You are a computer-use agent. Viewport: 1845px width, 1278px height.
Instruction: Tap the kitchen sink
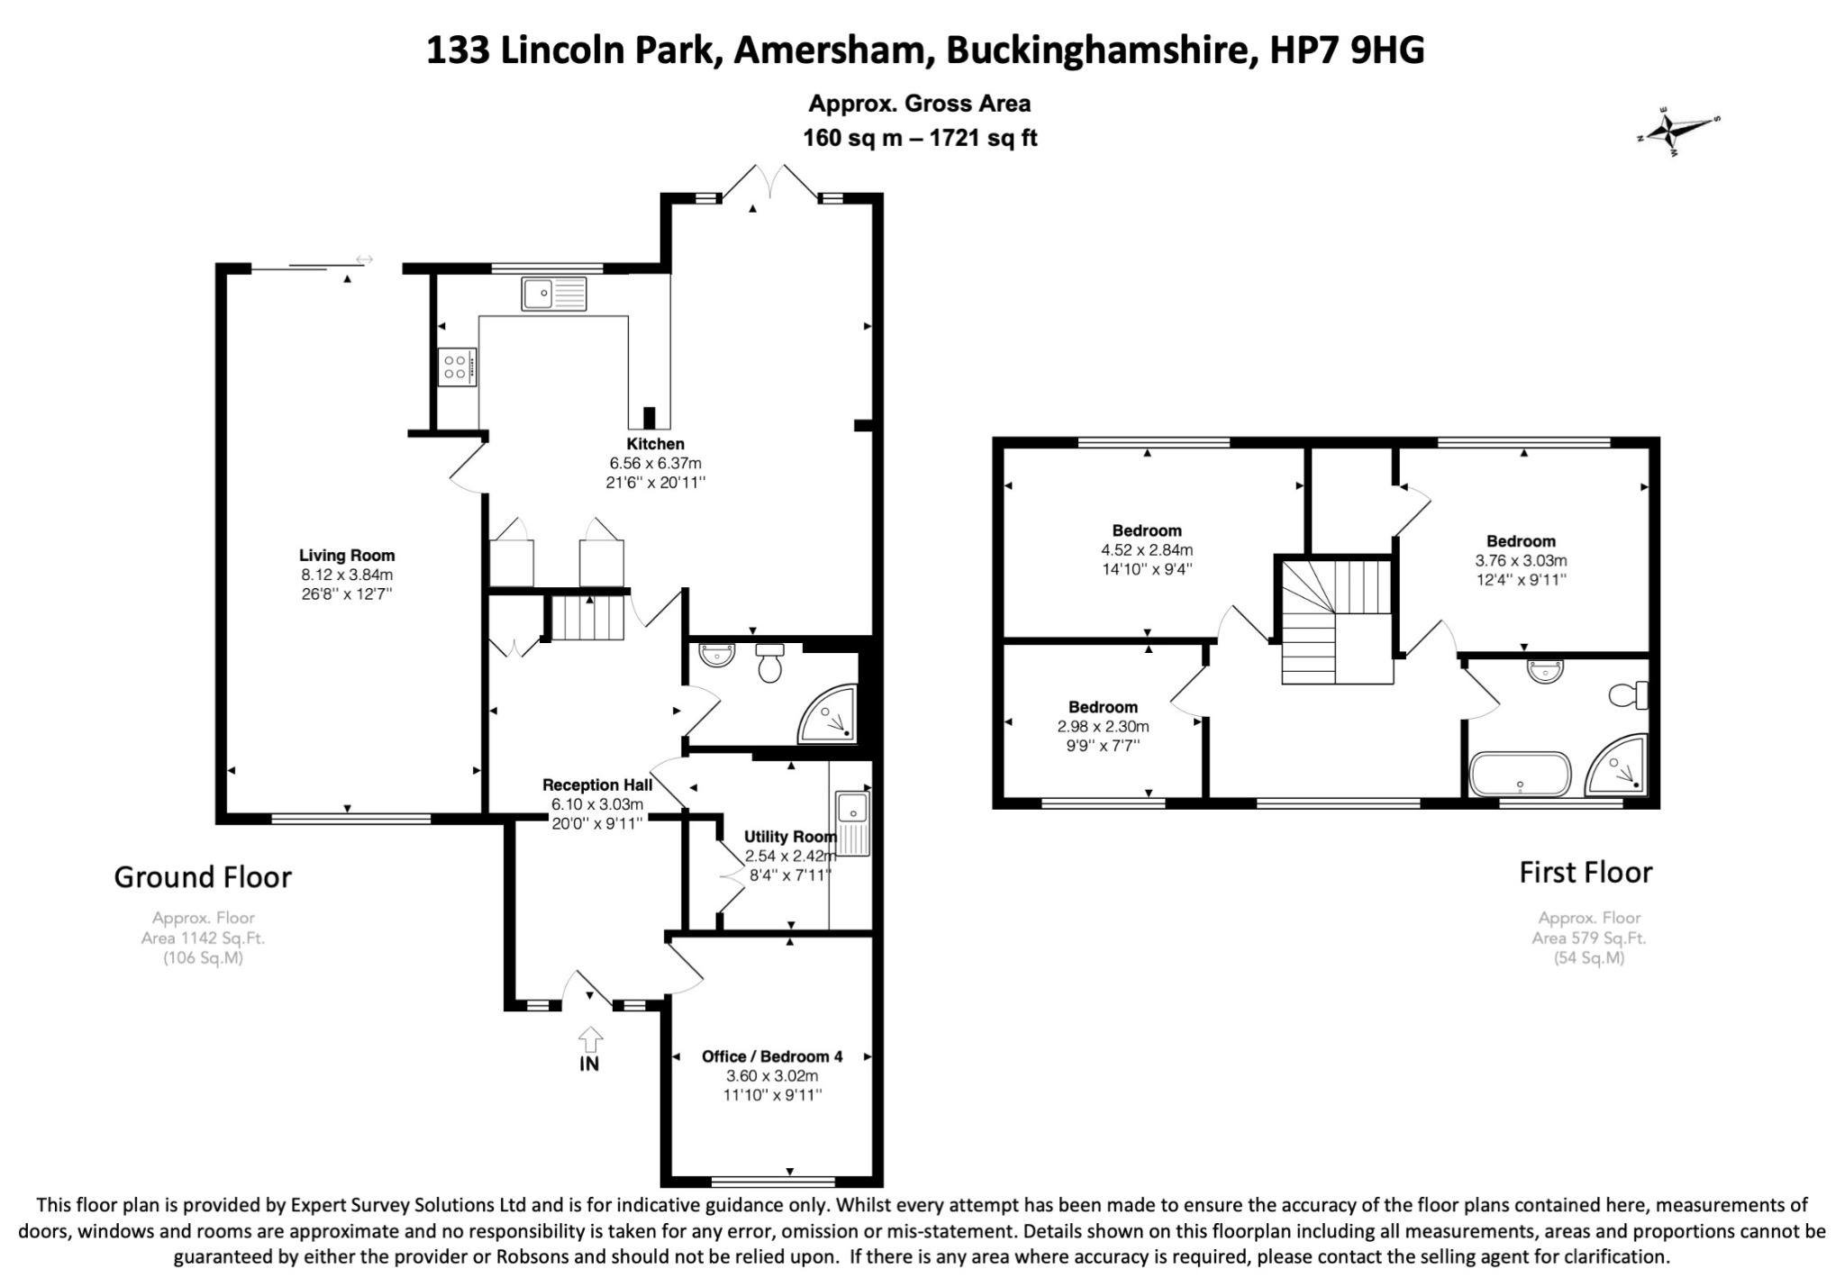coord(553,293)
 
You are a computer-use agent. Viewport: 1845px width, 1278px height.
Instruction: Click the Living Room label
coord(347,556)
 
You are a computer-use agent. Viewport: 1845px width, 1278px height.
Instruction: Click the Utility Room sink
coord(853,822)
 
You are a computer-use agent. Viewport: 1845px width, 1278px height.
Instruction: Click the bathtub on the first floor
coord(1520,775)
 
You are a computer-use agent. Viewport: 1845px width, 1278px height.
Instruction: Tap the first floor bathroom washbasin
coord(1546,671)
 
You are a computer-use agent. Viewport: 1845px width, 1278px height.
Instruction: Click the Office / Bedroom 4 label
coord(772,1056)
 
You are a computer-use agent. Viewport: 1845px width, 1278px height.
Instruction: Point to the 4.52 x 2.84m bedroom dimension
coord(1147,550)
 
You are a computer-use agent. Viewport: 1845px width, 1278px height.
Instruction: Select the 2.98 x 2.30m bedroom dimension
coord(1103,727)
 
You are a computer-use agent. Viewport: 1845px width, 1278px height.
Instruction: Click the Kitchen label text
coord(656,444)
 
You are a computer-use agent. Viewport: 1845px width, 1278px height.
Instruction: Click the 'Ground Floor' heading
coord(203,877)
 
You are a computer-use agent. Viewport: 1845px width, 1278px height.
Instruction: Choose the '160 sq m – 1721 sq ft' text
coord(920,139)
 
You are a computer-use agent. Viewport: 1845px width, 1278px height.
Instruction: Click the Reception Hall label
coord(597,785)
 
